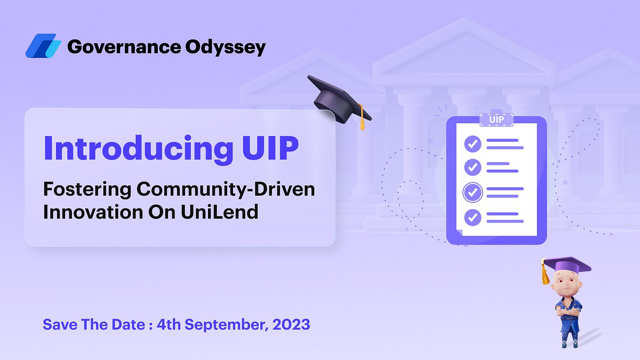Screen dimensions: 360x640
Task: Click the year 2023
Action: pyautogui.click(x=290, y=324)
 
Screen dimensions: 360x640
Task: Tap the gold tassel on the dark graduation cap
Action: pyautogui.click(x=362, y=119)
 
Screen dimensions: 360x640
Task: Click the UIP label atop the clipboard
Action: pyautogui.click(x=496, y=119)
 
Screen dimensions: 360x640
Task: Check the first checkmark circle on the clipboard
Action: pyautogui.click(x=473, y=143)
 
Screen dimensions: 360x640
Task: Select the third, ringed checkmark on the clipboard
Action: pyautogui.click(x=473, y=192)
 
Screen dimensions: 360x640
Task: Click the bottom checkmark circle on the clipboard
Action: pyautogui.click(x=473, y=217)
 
